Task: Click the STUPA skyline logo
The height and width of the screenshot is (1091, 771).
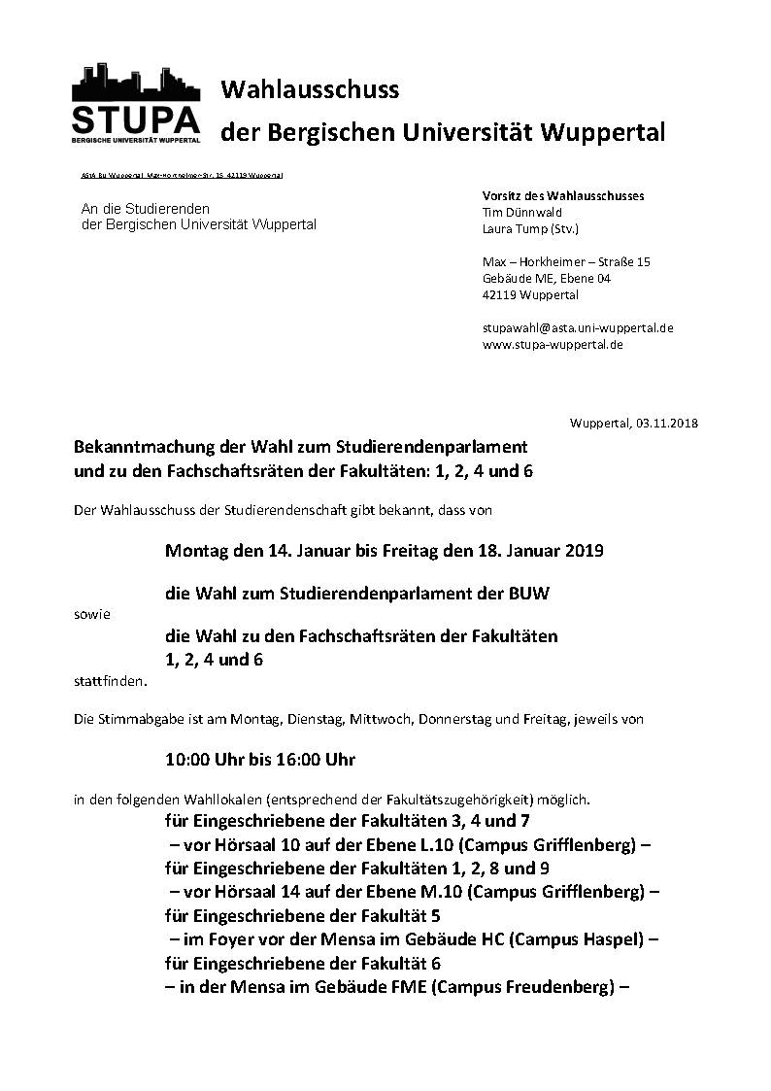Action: coord(136,104)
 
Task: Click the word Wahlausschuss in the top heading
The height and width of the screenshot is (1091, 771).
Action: coord(310,90)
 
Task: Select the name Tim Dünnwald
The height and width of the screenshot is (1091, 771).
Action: coord(521,212)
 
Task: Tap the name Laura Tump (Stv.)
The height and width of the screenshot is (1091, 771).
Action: coord(529,229)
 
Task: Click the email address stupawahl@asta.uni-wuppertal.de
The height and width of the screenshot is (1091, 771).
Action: coord(578,327)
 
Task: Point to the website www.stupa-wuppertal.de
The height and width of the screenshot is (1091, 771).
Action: coord(553,344)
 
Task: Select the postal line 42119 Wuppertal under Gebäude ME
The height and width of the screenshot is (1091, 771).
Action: coord(530,295)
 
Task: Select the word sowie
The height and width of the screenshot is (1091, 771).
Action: coord(92,615)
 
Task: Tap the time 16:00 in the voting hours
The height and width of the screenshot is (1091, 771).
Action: coord(297,758)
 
